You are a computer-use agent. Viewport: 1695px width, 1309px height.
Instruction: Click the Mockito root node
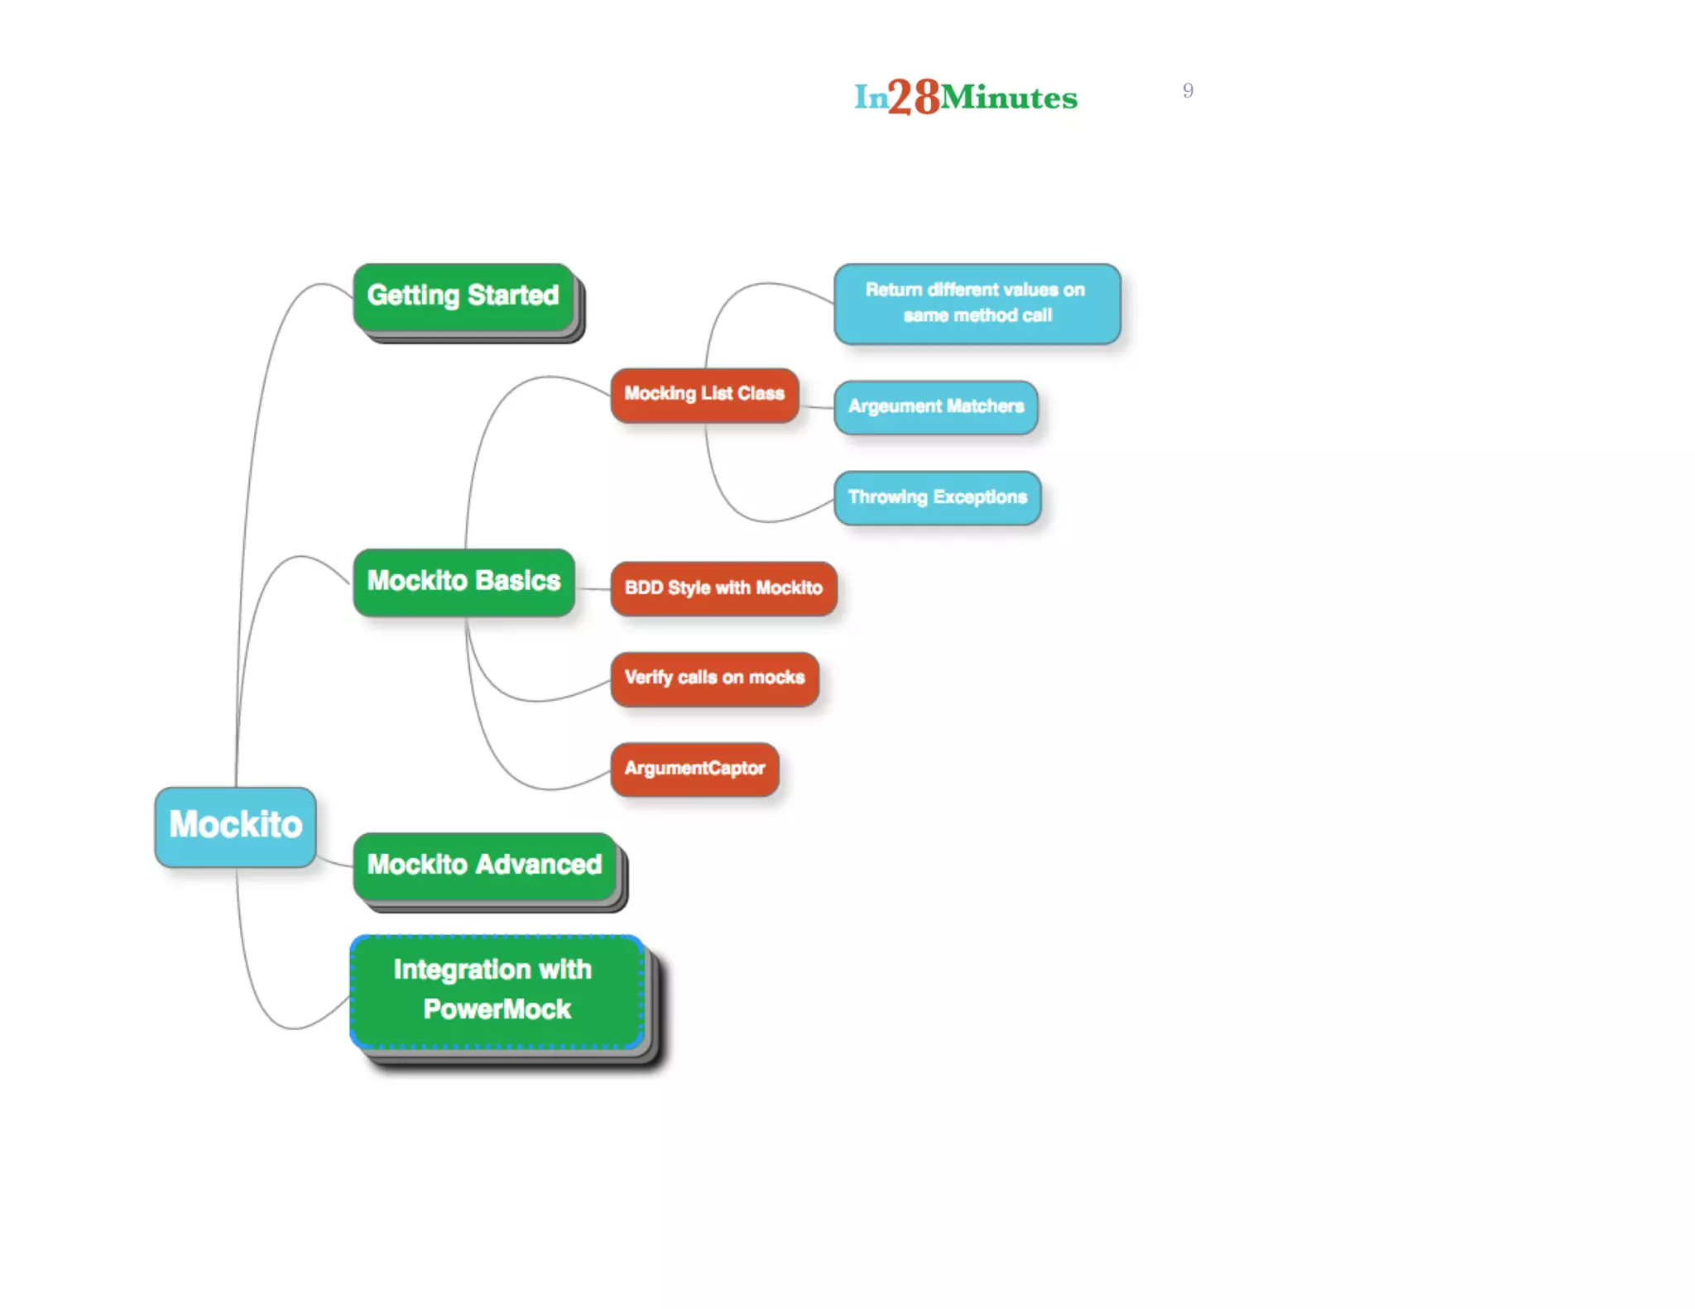[235, 826]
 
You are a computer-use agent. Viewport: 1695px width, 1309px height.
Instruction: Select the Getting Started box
[463, 296]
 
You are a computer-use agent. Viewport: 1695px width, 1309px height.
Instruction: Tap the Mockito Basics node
[463, 582]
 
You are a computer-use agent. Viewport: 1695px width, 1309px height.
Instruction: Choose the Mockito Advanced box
[485, 865]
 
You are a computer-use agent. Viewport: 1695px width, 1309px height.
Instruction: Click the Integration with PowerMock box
[497, 990]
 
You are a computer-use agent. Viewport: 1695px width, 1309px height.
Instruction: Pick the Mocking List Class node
[704, 395]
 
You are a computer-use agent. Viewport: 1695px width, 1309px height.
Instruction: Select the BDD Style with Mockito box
[723, 588]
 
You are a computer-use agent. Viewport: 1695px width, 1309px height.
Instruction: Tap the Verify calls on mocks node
[714, 678]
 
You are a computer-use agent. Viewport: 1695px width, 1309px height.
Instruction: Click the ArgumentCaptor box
[694, 769]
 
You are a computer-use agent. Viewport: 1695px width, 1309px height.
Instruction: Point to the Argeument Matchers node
[935, 407]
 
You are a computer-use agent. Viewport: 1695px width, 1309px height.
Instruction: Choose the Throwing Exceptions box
[937, 497]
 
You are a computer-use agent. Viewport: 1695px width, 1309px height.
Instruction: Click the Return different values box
[977, 303]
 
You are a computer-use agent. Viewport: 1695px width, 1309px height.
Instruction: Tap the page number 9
[1188, 90]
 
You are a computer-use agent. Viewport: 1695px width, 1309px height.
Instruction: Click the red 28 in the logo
[914, 97]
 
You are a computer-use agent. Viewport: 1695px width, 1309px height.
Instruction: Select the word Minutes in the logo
[1009, 98]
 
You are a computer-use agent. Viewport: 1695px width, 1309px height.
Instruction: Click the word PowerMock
[497, 1009]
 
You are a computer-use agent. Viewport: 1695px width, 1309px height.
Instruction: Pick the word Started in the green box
[513, 296]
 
